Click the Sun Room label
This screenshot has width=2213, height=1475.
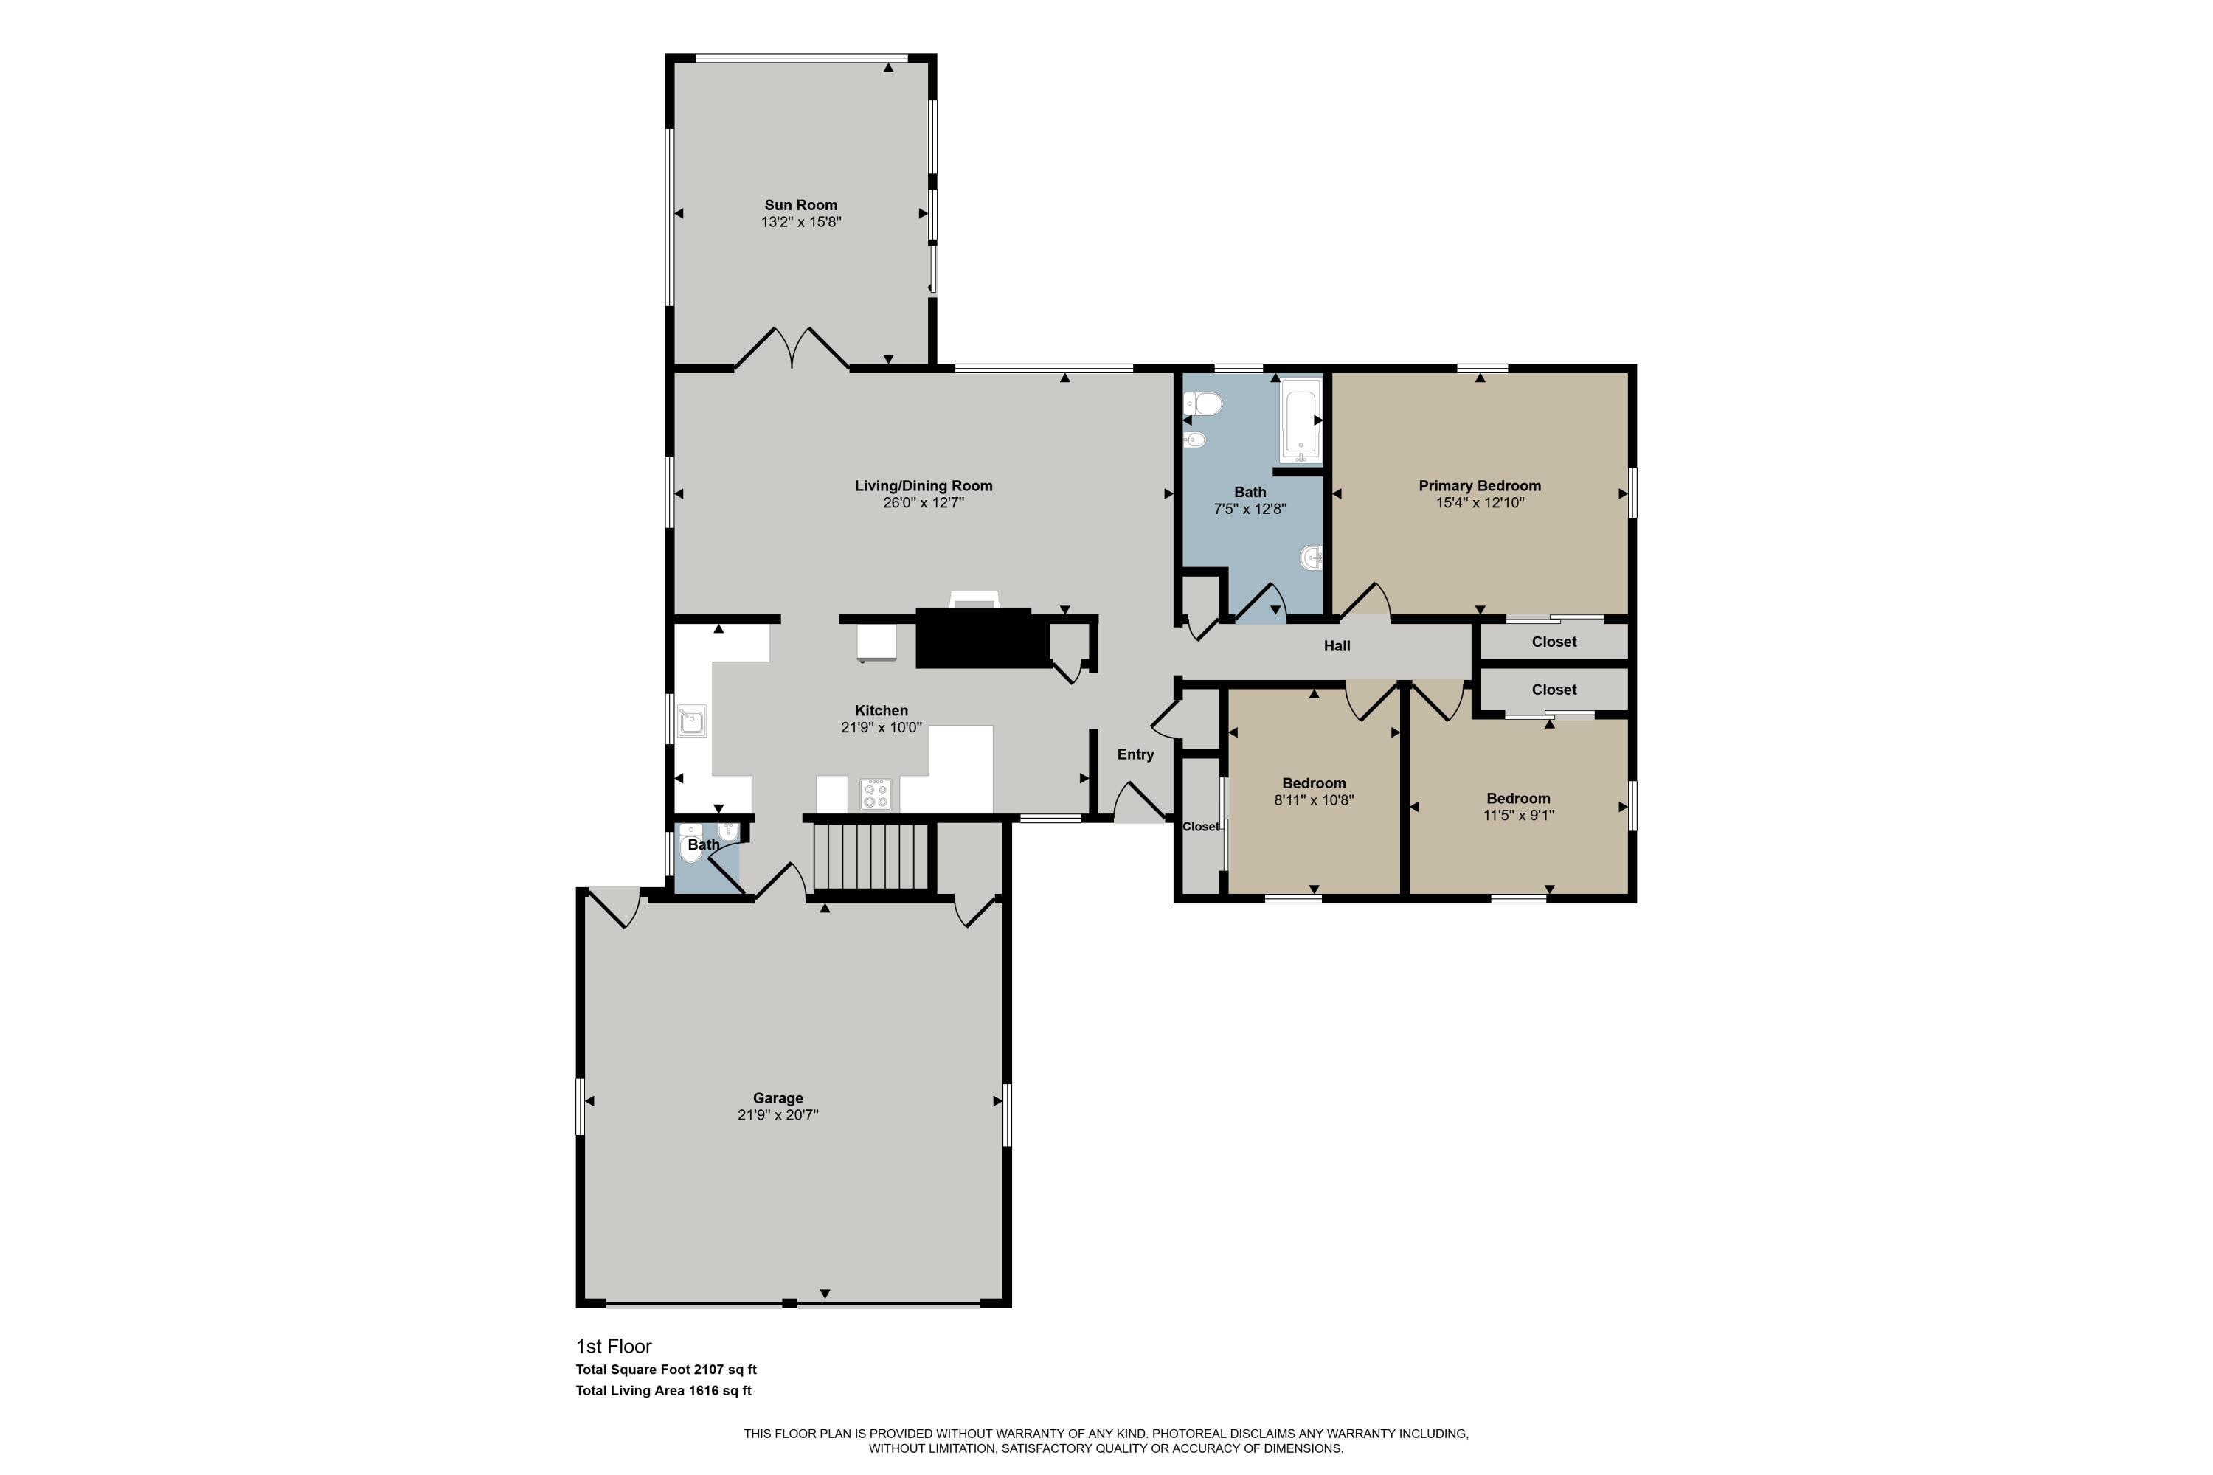tap(800, 204)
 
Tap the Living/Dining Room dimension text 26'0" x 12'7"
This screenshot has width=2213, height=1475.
tap(922, 503)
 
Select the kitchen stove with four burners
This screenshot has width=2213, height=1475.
tap(875, 795)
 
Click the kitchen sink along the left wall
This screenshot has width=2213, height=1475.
tap(693, 721)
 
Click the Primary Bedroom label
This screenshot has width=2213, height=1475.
tap(1479, 485)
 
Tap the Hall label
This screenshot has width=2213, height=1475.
tap(1336, 645)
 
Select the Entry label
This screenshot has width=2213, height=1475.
tap(1135, 754)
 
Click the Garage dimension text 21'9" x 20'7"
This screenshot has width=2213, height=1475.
tap(778, 1114)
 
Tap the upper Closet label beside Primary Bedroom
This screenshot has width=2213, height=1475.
tap(1554, 642)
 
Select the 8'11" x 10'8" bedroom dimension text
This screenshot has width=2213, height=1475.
tap(1314, 800)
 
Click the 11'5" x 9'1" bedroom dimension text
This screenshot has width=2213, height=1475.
tap(1517, 816)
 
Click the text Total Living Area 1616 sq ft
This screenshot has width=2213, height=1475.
tap(663, 1390)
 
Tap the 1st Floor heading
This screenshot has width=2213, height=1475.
tap(614, 1346)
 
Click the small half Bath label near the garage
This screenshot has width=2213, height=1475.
tap(703, 844)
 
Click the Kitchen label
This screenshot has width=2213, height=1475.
tap(881, 710)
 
